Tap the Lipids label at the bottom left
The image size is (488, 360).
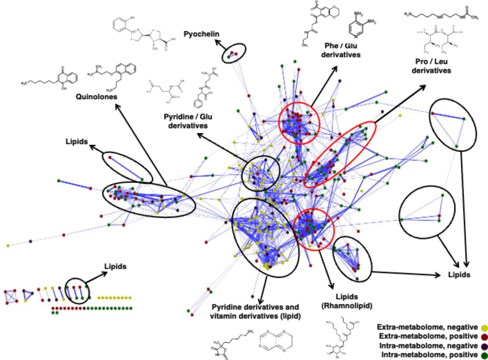tap(114, 267)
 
